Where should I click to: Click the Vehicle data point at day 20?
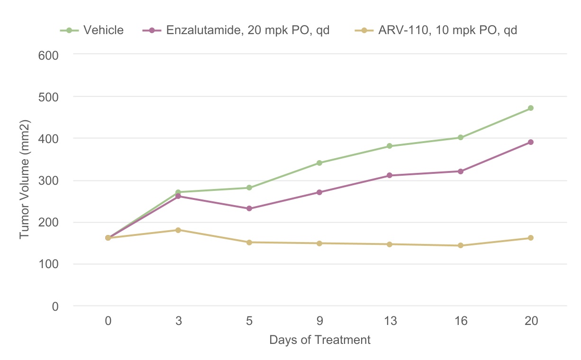tap(531, 108)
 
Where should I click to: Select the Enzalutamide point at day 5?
tap(249, 208)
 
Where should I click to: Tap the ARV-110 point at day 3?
tap(178, 230)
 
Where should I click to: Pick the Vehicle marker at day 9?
tap(319, 163)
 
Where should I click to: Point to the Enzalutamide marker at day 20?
tap(531, 142)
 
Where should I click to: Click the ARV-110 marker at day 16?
tap(460, 245)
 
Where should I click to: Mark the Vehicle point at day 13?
tap(390, 146)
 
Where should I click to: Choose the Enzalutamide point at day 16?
tap(460, 171)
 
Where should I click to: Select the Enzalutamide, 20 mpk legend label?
tap(247, 30)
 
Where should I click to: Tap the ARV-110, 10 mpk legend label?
tap(447, 30)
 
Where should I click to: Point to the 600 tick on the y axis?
tap(48, 54)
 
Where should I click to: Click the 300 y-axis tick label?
tap(48, 180)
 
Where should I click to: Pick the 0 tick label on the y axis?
tap(55, 306)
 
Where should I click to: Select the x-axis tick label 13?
tap(390, 321)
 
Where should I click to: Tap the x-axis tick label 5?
tap(249, 321)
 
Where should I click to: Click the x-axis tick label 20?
tap(531, 321)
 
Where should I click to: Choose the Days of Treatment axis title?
tap(320, 340)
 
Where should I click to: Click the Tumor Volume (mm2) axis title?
tap(25, 180)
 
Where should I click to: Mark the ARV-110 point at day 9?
tap(319, 243)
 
